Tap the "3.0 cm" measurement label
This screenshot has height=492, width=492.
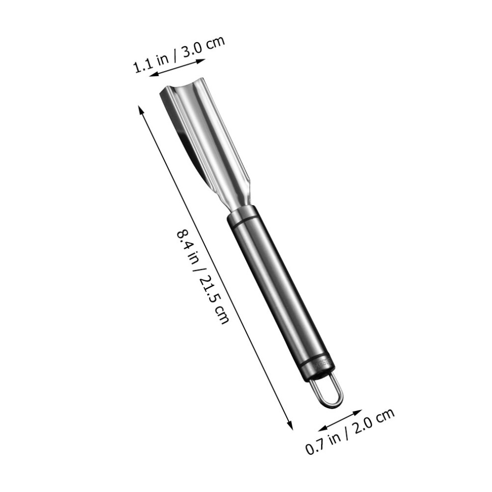pyautogui.click(x=204, y=47)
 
